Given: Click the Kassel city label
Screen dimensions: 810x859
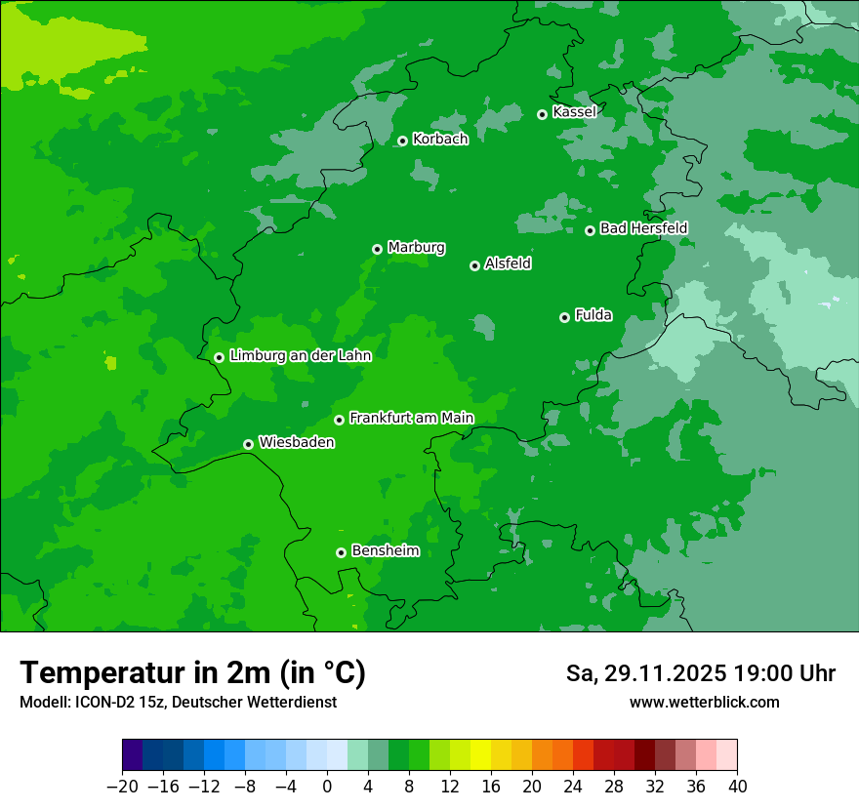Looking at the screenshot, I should click(574, 112).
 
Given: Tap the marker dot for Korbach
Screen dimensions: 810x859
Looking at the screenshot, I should click(402, 141).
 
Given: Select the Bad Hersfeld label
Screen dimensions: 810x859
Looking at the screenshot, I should click(643, 228).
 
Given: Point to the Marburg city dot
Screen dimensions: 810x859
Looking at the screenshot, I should click(377, 249).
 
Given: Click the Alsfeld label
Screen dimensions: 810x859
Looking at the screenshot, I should click(508, 263).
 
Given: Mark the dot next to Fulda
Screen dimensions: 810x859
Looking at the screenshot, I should click(564, 317).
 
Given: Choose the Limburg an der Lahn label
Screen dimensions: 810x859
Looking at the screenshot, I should click(300, 356).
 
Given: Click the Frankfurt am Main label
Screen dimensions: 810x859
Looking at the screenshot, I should click(411, 418).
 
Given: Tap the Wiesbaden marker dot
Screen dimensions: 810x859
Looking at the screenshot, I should click(248, 444).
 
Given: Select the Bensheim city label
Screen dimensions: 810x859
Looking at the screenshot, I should click(385, 550).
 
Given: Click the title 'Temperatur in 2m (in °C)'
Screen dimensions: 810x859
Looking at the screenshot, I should click(192, 672).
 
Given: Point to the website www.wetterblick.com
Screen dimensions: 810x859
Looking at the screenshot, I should click(704, 703).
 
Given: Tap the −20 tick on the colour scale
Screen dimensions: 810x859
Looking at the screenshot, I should click(122, 787).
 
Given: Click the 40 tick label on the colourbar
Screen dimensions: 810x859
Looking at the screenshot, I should click(737, 787).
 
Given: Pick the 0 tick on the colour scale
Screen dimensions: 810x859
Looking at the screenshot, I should click(327, 787).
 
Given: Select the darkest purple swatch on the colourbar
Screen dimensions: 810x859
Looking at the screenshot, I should click(133, 755).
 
